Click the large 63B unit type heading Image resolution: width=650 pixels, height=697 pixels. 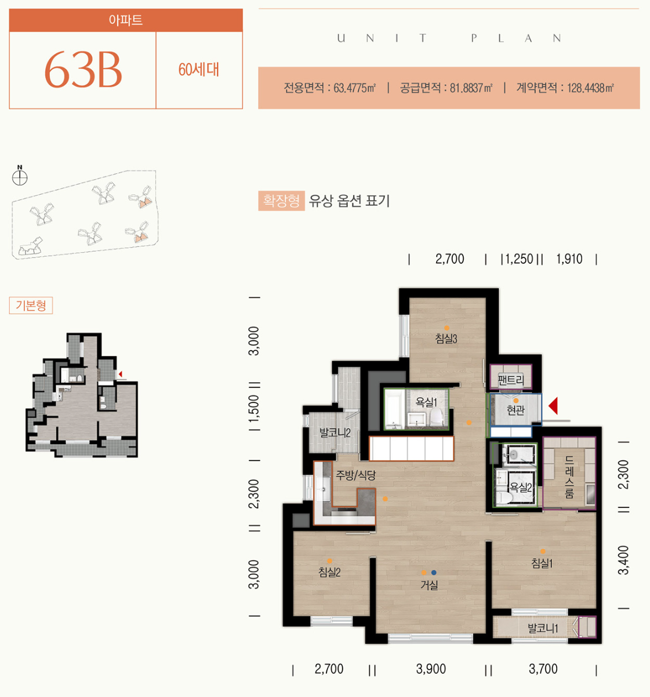coord(83,70)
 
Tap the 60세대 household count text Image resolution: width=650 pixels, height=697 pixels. coord(199,70)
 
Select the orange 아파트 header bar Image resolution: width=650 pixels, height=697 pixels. coord(126,20)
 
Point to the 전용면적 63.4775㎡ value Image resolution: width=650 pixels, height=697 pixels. coord(329,88)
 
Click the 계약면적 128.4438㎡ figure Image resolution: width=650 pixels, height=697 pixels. coord(565,88)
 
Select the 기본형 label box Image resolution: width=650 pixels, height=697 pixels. coord(31,306)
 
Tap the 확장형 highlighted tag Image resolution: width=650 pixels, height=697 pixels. coord(281,201)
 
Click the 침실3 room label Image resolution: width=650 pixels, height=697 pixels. coord(446,339)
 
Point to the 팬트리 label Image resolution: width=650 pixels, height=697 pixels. coord(511,379)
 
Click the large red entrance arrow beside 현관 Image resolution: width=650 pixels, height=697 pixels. coord(553,406)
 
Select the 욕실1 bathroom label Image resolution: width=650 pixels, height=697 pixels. coord(426,402)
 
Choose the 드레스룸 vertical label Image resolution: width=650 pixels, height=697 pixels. coord(569,477)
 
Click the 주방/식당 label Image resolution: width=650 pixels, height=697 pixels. coord(355,475)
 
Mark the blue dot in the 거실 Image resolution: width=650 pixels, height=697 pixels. coord(434,572)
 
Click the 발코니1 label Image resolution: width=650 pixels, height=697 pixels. coord(543,628)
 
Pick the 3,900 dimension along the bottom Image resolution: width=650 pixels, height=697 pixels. coord(431,669)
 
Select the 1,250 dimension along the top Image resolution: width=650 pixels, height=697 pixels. coord(519,259)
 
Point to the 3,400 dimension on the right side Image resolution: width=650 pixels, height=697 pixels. coord(623,560)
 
